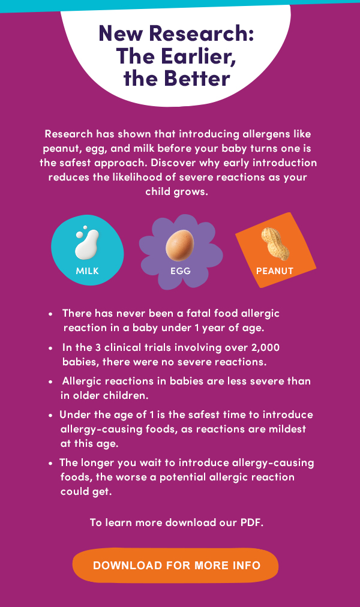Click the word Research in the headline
pos(201,34)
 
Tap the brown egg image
pos(179,245)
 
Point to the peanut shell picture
pos(275,244)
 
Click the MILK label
pos(88,271)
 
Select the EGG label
pos(181,271)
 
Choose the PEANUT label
pos(275,271)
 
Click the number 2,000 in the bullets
pos(265,348)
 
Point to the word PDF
pos(252,522)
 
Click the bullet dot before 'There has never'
pos(51,314)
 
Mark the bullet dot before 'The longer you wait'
pos(51,464)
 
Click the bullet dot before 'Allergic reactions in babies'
pos(51,382)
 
